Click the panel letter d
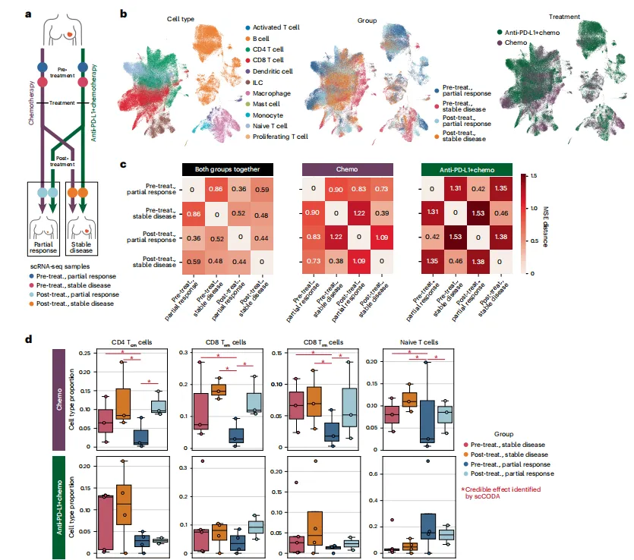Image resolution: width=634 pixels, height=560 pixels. pos(30,339)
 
